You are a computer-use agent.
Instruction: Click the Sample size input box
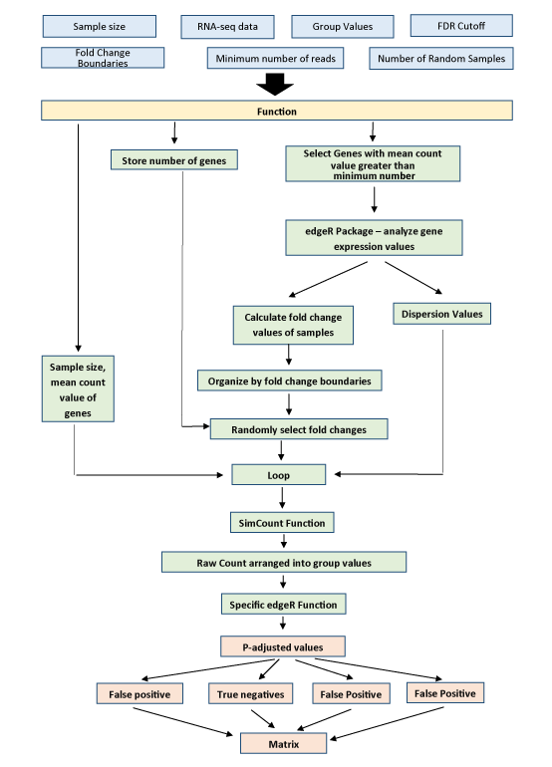100,27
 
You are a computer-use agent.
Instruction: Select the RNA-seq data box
227,27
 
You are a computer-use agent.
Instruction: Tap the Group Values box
343,27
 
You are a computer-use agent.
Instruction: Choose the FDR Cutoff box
461,26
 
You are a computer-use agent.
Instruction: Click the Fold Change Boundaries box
103,58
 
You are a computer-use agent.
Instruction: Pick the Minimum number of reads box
276,58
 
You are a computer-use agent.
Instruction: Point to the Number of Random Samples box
441,58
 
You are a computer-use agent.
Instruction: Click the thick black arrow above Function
275,85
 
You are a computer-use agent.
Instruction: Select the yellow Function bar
277,111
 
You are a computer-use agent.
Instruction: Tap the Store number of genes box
174,160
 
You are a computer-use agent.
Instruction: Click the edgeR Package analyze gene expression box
374,238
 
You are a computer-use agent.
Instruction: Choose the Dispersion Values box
441,314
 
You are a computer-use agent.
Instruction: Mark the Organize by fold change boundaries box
290,381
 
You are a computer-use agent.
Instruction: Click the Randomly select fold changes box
299,429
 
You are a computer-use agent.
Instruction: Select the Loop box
278,474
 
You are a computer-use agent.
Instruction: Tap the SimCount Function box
282,522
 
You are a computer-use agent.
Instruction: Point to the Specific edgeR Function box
283,604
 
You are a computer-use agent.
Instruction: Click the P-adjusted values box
283,646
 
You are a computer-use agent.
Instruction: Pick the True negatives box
250,693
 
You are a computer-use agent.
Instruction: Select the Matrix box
283,743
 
